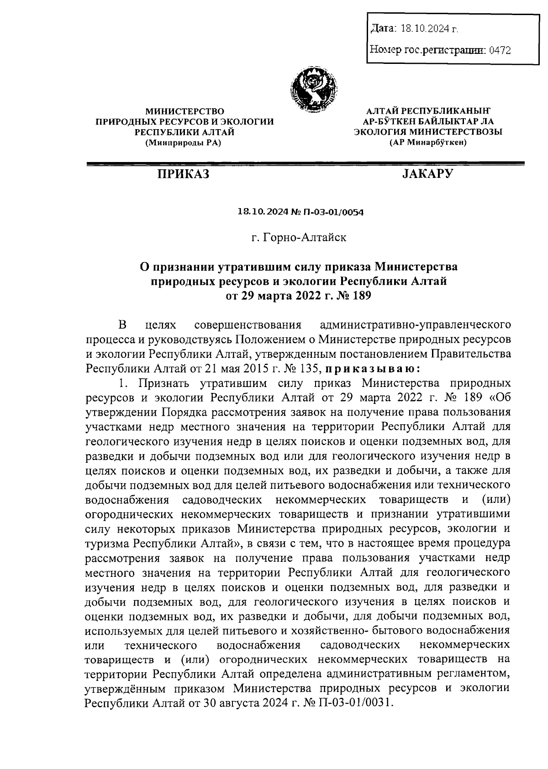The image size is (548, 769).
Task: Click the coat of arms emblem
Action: (315, 89)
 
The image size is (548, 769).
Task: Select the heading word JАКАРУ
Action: (428, 174)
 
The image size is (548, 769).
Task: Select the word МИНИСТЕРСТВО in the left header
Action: (184, 111)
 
